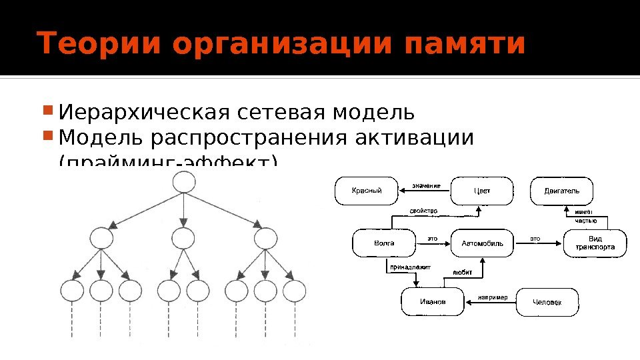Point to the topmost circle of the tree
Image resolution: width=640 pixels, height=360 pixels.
pyautogui.click(x=183, y=183)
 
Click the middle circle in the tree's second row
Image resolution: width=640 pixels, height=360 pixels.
pyautogui.click(x=183, y=238)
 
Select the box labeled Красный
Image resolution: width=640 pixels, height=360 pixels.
pyautogui.click(x=366, y=191)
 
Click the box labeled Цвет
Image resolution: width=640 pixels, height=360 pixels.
pyautogui.click(x=481, y=191)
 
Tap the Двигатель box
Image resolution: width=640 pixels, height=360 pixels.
pyautogui.click(x=561, y=191)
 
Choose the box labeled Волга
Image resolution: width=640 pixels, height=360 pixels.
pyautogui.click(x=383, y=243)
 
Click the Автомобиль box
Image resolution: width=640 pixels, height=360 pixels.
pyautogui.click(x=482, y=243)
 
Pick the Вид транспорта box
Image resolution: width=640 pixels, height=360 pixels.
pyautogui.click(x=595, y=243)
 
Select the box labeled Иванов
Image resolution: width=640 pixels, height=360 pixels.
pyautogui.click(x=432, y=302)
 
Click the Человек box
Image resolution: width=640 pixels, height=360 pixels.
pyautogui.click(x=547, y=302)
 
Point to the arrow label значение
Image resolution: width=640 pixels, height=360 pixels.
pyautogui.click(x=426, y=185)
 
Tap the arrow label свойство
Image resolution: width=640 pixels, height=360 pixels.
pyautogui.click(x=423, y=211)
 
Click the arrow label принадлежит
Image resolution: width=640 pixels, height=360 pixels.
pyautogui.click(x=411, y=267)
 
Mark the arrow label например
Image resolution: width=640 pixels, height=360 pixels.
pyautogui.click(x=493, y=297)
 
